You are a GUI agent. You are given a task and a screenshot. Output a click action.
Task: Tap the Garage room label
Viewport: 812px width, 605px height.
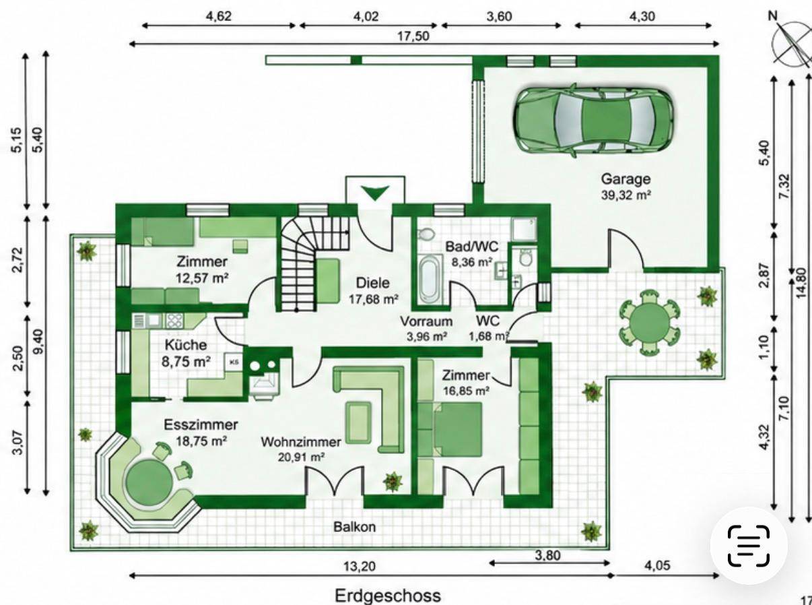(625, 179)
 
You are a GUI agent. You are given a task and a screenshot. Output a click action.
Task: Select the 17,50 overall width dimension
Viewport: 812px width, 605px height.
(413, 36)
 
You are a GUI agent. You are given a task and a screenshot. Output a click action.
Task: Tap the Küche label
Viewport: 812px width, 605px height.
(186, 345)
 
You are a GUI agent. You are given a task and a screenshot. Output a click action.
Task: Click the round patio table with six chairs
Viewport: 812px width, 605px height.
(650, 322)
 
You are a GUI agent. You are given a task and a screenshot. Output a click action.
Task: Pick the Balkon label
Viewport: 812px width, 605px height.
(354, 527)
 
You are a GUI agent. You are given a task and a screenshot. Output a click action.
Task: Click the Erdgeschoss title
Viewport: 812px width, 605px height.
(388, 596)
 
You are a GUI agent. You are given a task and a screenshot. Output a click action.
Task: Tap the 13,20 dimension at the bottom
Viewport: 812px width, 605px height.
(359, 566)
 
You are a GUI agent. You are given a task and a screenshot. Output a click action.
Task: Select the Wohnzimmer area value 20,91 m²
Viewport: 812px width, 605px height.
(302, 457)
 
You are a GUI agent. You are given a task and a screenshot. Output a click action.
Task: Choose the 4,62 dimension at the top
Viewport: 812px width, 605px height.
(219, 16)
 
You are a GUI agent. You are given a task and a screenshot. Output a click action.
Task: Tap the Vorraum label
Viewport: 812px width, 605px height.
(426, 321)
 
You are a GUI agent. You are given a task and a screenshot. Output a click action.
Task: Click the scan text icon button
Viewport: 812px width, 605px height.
(749, 546)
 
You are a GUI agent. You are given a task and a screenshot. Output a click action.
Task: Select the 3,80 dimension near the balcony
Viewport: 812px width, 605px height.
(547, 556)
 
